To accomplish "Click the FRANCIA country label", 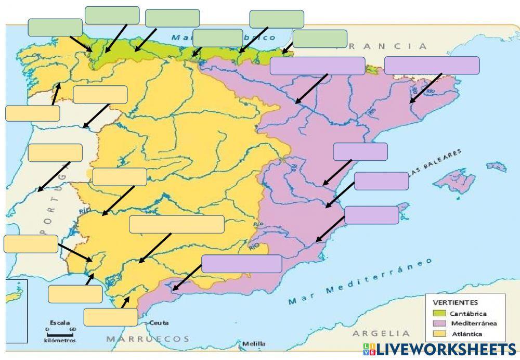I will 390,46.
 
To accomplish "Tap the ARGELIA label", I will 381,333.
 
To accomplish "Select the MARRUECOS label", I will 148,339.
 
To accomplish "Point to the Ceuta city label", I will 159,323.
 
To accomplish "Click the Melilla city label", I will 254,344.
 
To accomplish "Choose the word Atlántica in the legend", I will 466,334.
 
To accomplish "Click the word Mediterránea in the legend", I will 474,324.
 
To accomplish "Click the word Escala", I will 59,323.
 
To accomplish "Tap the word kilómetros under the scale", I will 59,341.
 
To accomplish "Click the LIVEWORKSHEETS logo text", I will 446,349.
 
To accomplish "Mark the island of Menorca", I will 496,166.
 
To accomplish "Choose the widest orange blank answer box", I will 177,224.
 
